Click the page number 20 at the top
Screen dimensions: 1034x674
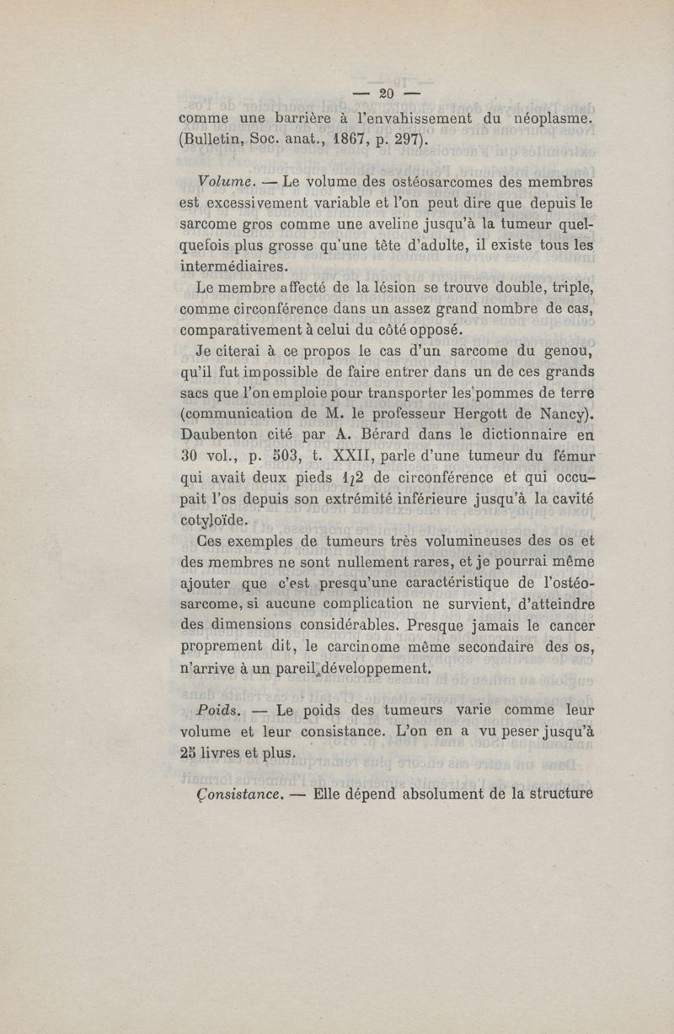[x=387, y=93]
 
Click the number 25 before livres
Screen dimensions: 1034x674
[x=190, y=753]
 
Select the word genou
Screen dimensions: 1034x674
[x=570, y=350]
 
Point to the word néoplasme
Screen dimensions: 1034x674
[x=553, y=119]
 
